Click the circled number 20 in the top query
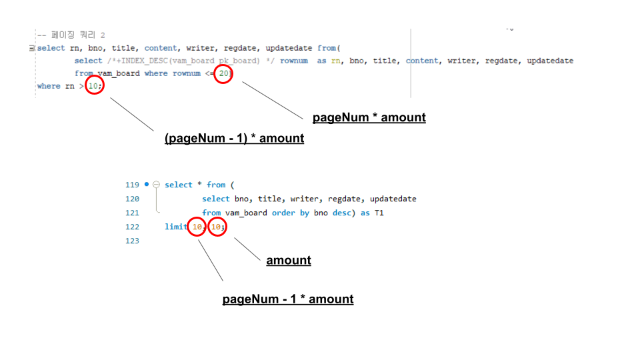(224, 73)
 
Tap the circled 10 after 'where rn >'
(95, 86)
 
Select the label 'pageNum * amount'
(369, 117)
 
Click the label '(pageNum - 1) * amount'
(234, 139)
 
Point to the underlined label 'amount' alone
(289, 260)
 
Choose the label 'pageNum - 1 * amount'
(288, 299)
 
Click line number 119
(132, 185)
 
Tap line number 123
(132, 241)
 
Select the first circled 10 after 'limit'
(197, 227)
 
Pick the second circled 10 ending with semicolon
(217, 227)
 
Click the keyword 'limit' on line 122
(175, 227)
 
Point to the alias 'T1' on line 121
(379, 213)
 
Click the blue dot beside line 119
(147, 184)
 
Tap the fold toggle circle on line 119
(156, 185)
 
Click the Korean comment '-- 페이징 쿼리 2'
(71, 35)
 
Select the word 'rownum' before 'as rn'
(294, 61)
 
